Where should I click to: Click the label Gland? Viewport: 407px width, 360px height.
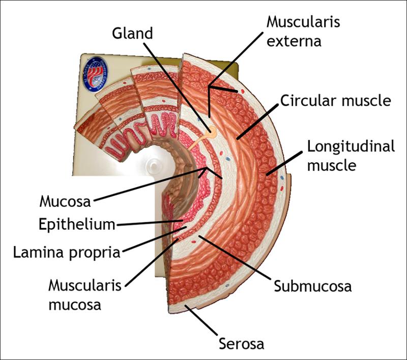coord(132,34)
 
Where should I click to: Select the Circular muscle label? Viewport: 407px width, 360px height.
coord(335,101)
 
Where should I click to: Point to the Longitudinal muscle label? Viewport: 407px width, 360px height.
coord(351,156)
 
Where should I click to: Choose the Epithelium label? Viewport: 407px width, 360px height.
coord(77,224)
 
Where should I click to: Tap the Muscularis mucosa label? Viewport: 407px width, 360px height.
coord(85,294)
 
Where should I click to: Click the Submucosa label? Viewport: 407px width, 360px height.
coord(312,285)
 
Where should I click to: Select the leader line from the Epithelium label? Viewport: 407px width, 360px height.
coord(148,223)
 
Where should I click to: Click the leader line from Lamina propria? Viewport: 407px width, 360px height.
coord(153,239)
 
